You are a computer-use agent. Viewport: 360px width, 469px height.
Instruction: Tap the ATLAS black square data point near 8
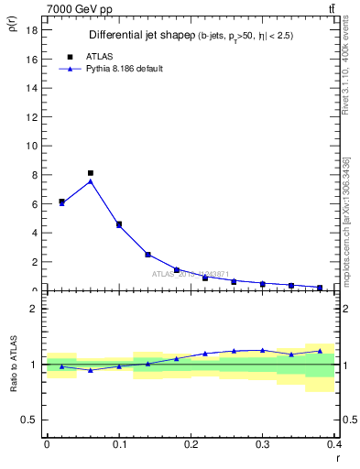91,172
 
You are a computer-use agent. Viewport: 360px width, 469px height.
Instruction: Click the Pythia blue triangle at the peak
91,181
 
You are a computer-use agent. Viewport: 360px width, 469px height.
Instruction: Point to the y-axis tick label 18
31,29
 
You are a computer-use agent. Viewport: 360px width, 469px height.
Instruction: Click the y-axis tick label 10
31,146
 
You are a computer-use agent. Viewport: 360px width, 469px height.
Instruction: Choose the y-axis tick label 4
34,233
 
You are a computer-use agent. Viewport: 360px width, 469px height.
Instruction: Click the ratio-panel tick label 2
34,309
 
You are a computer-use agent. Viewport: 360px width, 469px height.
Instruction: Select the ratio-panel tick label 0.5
29,420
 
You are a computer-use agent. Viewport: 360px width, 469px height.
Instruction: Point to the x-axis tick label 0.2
191,444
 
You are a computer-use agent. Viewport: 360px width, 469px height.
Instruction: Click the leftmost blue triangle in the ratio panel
61,366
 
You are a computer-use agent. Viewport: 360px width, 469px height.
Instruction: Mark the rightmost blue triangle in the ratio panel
320,351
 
